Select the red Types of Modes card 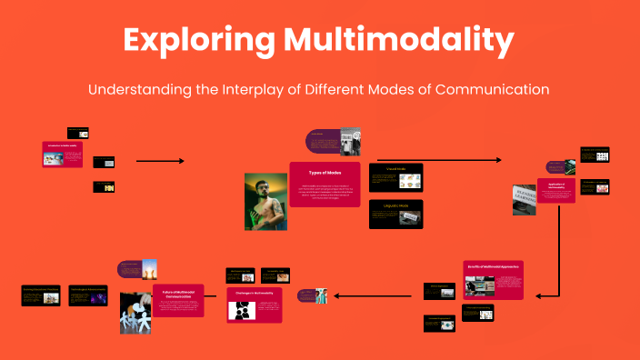point(325,184)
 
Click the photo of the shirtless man point(265,202)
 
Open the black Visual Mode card point(395,176)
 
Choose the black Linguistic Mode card point(395,215)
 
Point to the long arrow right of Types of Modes point(438,160)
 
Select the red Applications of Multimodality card point(555,190)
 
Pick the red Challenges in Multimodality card point(255,305)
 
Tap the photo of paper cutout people point(135,313)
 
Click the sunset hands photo point(148,270)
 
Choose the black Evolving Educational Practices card point(41,296)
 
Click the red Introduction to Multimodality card point(63,154)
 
